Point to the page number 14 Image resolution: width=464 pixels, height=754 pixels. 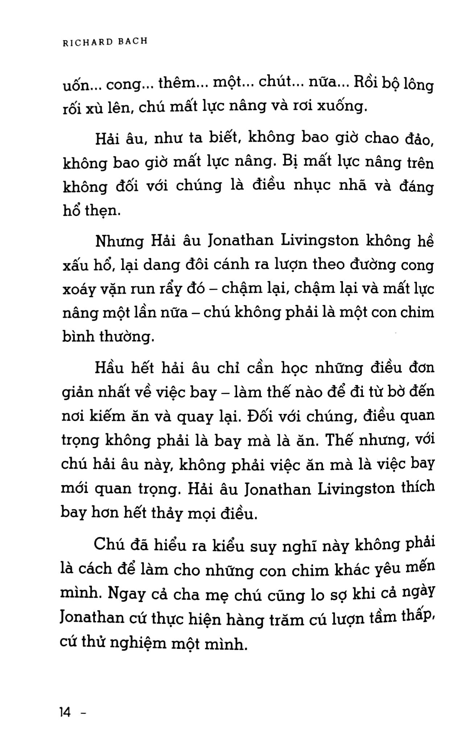click(x=65, y=713)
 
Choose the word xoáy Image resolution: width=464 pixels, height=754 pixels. click(x=80, y=290)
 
